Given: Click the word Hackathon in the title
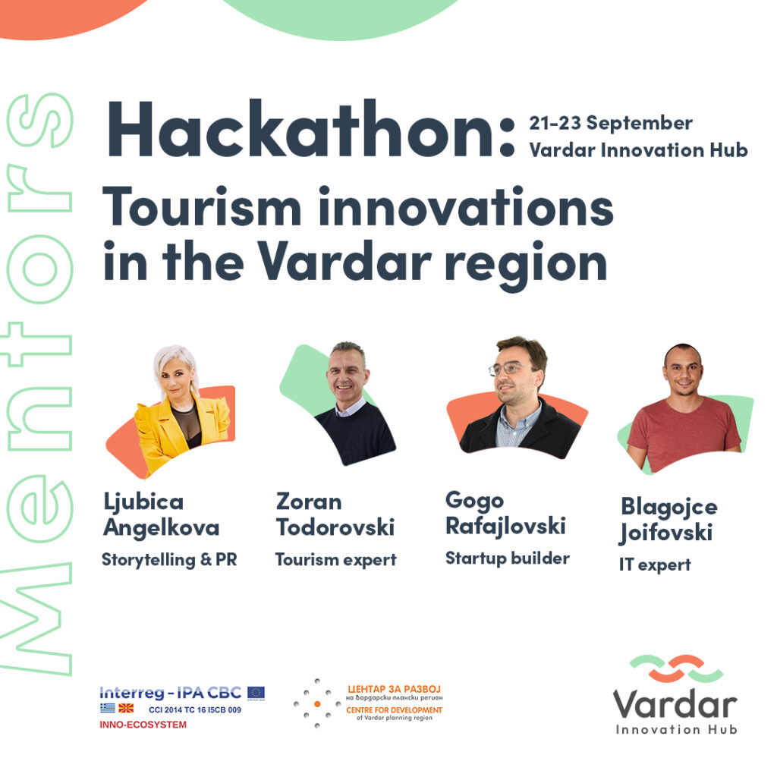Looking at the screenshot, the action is point(300,128).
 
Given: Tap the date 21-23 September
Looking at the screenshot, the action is point(611,124).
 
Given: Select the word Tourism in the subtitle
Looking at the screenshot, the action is point(202,206).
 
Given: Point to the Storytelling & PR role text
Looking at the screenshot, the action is point(169,560).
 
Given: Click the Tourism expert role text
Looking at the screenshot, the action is point(335,560).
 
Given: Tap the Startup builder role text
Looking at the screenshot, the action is point(508,558).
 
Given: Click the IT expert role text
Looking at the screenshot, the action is point(655,565).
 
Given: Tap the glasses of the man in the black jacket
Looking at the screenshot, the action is point(506,368).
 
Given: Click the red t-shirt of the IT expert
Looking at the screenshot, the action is point(684,432).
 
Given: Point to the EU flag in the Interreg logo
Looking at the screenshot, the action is point(256,693).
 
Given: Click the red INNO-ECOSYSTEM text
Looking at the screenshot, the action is point(143,725).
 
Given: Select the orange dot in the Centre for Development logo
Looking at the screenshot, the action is point(317,703).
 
